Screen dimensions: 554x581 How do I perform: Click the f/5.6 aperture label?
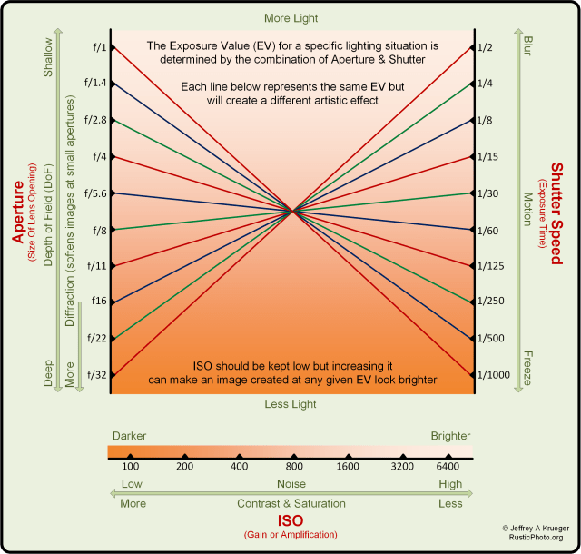[x=94, y=193]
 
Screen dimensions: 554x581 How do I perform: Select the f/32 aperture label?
[x=96, y=373]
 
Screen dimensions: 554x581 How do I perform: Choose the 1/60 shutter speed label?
[x=492, y=231]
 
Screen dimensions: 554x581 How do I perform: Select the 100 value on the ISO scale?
[x=131, y=466]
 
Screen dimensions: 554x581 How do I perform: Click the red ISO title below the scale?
[x=290, y=521]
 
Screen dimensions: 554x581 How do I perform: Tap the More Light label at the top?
[x=290, y=18]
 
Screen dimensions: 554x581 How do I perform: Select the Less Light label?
[x=290, y=403]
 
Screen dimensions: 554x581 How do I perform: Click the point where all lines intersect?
[x=292, y=212]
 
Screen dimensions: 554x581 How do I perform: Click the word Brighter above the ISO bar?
[x=450, y=436]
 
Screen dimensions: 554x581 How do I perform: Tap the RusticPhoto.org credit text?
[x=537, y=538]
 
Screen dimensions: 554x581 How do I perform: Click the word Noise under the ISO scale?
[x=290, y=484]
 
